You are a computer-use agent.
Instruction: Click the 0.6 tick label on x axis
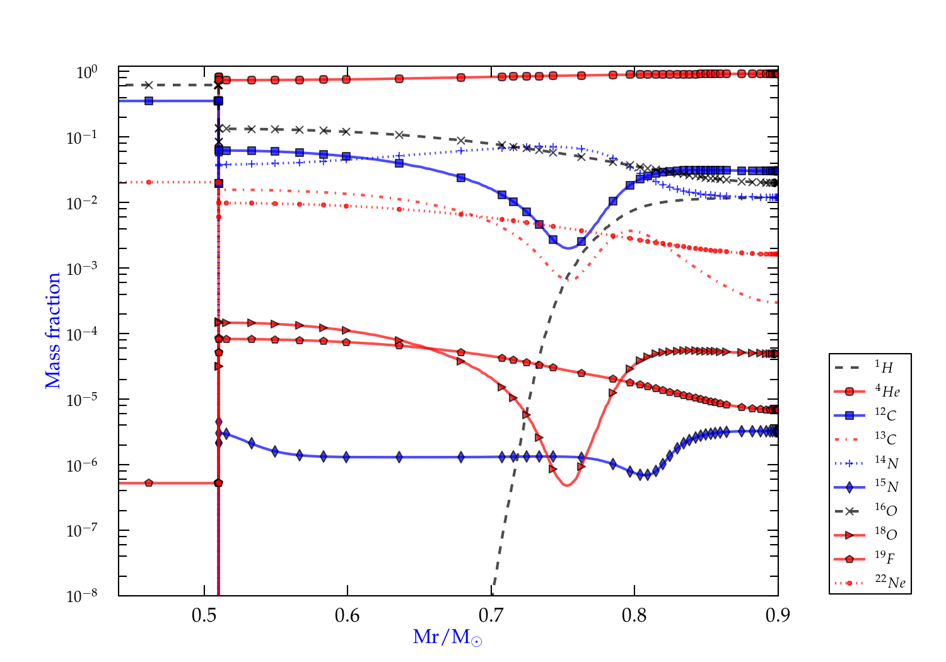(x=347, y=615)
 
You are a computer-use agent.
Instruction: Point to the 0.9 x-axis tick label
(x=778, y=615)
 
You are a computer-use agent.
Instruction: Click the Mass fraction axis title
(x=53, y=330)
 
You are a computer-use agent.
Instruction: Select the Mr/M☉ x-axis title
(x=447, y=638)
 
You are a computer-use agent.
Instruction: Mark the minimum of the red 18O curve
(x=566, y=485)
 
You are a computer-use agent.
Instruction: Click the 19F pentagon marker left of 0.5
(x=149, y=483)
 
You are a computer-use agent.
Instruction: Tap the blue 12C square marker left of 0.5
(x=149, y=101)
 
